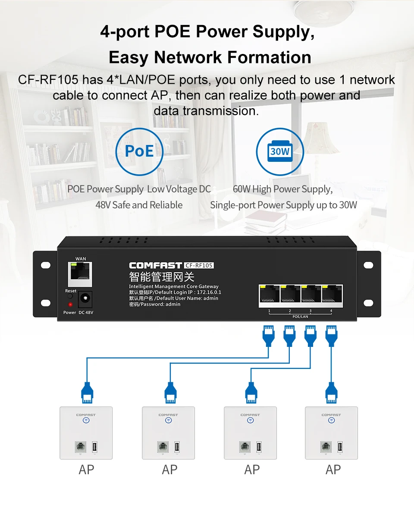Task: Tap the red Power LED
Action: pos(70,305)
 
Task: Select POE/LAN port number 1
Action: pos(269,296)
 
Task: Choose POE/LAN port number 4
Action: pos(331,296)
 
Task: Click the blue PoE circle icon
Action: pos(139,151)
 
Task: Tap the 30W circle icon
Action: pos(279,151)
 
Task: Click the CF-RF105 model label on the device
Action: pos(199,265)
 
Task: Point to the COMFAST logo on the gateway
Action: pos(155,265)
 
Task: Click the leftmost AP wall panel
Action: pos(86,433)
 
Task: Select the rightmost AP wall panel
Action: pos(331,433)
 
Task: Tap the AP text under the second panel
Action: pos(169,470)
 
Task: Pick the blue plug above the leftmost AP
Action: pos(87,392)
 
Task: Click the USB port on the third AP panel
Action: pos(259,447)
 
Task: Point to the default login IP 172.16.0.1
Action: pos(209,293)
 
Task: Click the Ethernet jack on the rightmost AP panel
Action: pos(326,447)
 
